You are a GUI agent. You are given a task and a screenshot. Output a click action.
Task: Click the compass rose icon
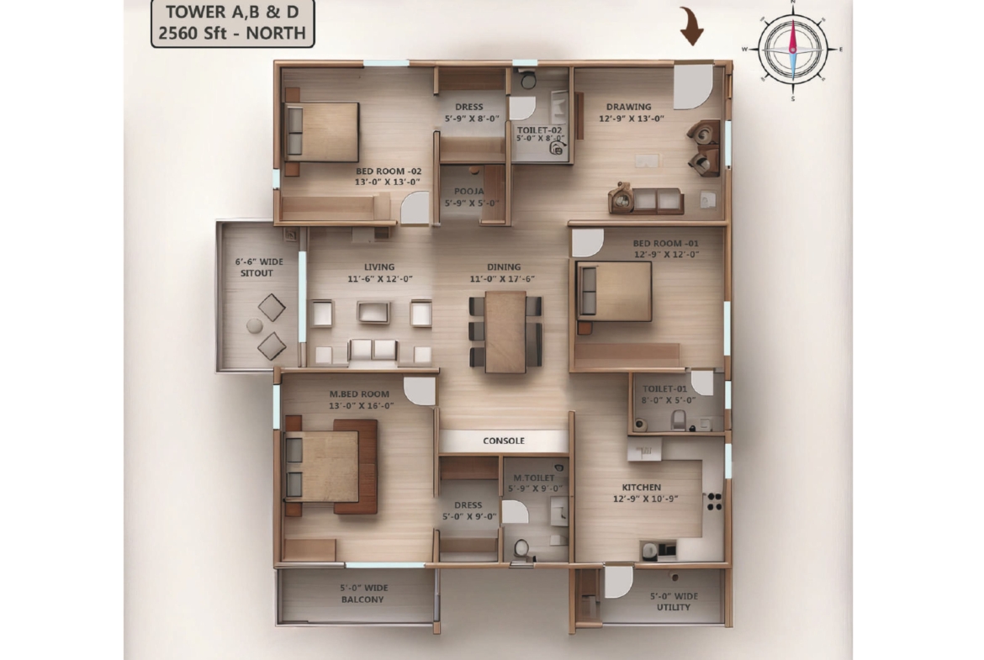coord(792,50)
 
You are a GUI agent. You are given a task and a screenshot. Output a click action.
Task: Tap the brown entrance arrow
coord(691,26)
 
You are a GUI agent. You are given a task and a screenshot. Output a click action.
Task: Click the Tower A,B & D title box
coord(233,24)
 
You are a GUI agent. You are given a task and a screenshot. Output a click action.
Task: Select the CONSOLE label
coord(503,441)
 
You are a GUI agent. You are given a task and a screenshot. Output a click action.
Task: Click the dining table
coord(505,331)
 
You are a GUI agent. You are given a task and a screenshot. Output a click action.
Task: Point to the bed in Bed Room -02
coord(321,132)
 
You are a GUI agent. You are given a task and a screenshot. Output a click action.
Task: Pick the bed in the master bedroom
coord(330,467)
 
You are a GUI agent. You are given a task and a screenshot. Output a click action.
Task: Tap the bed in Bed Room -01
coord(614,292)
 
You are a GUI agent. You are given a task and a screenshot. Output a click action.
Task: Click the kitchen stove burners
coord(714,501)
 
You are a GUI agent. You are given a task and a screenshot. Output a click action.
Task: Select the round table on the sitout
coord(254,325)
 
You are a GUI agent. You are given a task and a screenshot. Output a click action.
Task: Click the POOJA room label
coord(468,192)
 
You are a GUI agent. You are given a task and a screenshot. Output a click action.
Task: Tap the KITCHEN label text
coord(642,488)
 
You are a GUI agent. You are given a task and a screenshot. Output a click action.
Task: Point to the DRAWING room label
coord(628,107)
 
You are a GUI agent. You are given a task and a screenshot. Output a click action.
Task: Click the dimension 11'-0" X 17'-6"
coord(503,279)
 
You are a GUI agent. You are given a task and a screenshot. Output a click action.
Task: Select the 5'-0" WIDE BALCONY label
coord(363,594)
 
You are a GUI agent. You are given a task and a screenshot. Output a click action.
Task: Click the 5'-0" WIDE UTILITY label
coord(674,602)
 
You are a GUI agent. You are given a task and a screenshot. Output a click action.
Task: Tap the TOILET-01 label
coord(664,389)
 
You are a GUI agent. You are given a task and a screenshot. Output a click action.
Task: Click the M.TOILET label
coord(534,478)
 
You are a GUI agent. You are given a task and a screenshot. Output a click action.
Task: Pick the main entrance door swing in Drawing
coord(693,85)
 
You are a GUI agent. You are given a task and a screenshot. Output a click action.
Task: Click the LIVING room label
coord(379,267)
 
